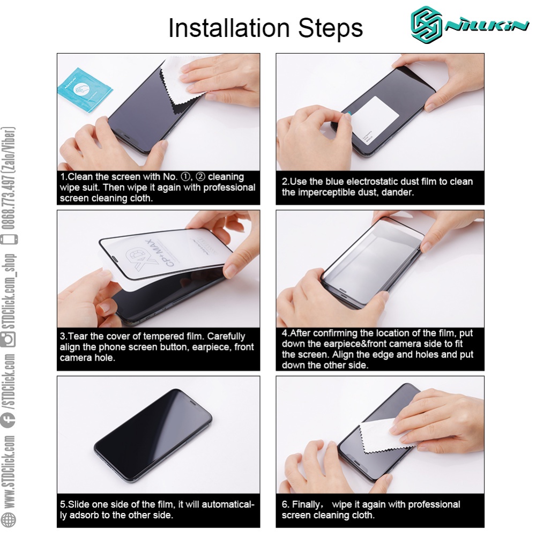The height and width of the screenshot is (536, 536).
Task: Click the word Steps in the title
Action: tap(331, 29)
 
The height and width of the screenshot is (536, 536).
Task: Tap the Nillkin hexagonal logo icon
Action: tap(426, 25)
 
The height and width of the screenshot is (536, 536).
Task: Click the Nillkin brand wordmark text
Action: tap(487, 26)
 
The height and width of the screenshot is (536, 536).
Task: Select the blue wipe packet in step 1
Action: tap(85, 90)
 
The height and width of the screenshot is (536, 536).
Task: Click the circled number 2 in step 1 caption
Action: tap(201, 177)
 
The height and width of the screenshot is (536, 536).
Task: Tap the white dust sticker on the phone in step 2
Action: tap(375, 120)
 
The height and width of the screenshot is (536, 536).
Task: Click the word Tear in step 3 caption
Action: tap(78, 337)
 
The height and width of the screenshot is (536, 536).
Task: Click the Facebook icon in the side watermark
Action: tap(8, 420)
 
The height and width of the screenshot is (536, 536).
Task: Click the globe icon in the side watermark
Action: tap(8, 519)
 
